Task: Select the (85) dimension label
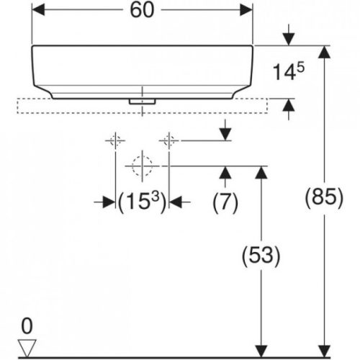[322, 198]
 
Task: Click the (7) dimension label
[225, 203]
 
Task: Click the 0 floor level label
[27, 326]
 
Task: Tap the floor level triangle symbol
[27, 348]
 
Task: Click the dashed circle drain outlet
[142, 166]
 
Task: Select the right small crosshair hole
[169, 140]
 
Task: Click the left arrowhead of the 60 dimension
[39, 11]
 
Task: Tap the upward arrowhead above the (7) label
[225, 172]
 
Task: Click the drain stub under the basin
[142, 102]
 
